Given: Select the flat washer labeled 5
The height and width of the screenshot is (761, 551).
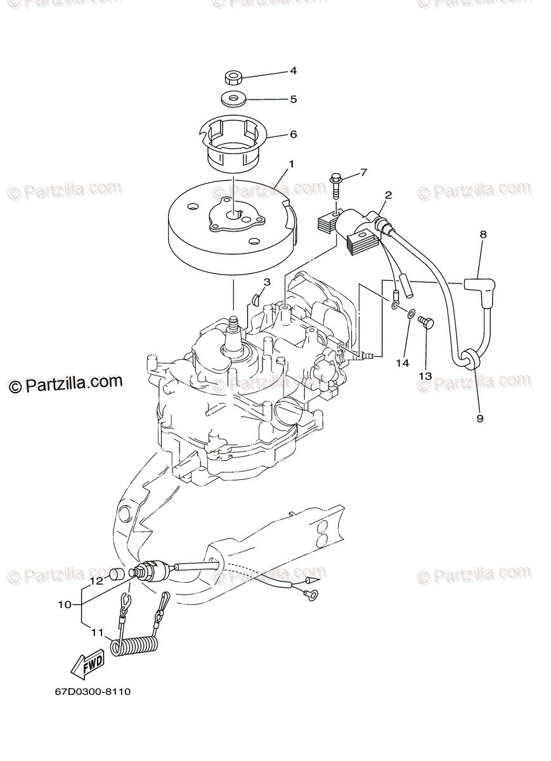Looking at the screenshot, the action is (233, 99).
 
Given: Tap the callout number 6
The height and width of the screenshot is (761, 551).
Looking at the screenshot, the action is (294, 134).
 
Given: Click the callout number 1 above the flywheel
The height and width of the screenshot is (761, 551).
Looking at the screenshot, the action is (291, 164).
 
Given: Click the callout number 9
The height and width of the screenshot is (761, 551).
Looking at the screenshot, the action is (479, 418).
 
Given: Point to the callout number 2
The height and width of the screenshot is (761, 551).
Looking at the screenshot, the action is (388, 195).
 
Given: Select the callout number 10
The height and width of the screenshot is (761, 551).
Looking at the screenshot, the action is (65, 604).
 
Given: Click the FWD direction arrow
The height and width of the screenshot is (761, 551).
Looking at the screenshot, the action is (86, 666).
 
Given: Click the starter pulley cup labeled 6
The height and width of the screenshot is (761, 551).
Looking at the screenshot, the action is (233, 143).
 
